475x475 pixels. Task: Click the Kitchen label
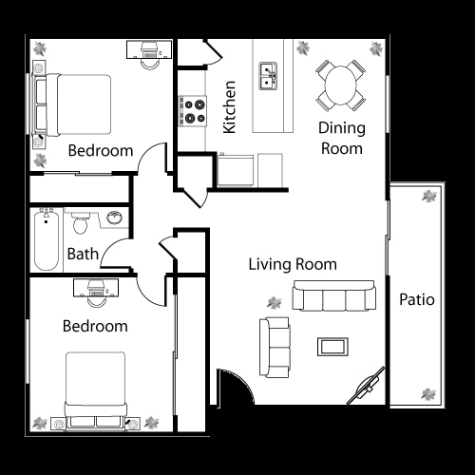(229, 107)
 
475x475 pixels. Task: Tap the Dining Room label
(340, 138)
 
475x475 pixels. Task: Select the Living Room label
(293, 264)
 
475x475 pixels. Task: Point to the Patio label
(416, 300)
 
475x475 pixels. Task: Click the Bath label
(82, 255)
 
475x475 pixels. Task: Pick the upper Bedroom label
(100, 150)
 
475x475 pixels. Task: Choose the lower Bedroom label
(95, 326)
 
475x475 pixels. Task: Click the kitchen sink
(269, 76)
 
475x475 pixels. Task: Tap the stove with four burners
(194, 111)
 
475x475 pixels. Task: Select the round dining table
(340, 84)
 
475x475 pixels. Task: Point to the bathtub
(45, 239)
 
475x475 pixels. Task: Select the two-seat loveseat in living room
(275, 346)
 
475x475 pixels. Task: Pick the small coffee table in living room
(332, 346)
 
